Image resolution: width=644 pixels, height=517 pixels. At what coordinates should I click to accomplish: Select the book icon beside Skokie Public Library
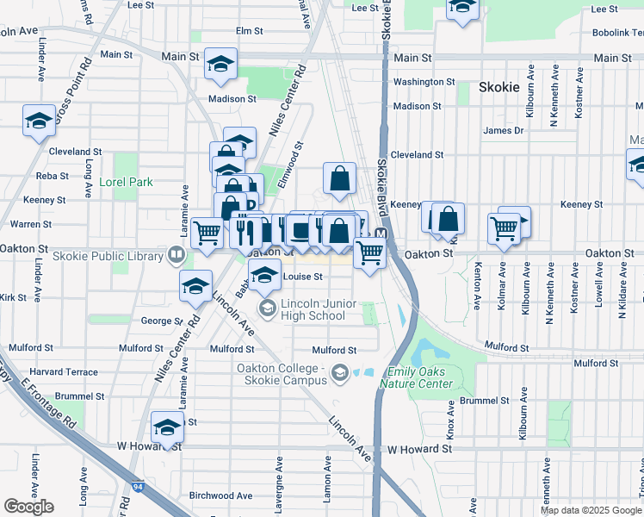click(176, 255)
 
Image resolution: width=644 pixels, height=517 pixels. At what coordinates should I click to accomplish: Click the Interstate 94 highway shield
click(138, 489)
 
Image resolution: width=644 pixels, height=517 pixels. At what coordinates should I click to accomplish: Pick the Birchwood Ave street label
click(220, 495)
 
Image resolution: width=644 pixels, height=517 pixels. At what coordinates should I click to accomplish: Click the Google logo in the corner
click(28, 507)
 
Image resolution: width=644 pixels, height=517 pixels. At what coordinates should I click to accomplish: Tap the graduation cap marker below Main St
click(220, 65)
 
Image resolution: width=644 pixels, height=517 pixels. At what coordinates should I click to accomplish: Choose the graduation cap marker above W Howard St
click(167, 427)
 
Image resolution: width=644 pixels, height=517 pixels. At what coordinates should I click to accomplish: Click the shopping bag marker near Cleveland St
click(340, 178)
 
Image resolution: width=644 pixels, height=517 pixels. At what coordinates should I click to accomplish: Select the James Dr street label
click(503, 130)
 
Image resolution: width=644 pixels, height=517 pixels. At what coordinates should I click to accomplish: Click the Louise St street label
click(302, 277)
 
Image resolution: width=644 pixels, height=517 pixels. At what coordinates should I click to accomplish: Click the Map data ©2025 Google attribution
click(590, 510)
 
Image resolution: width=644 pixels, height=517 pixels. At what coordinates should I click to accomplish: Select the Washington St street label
click(424, 82)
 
